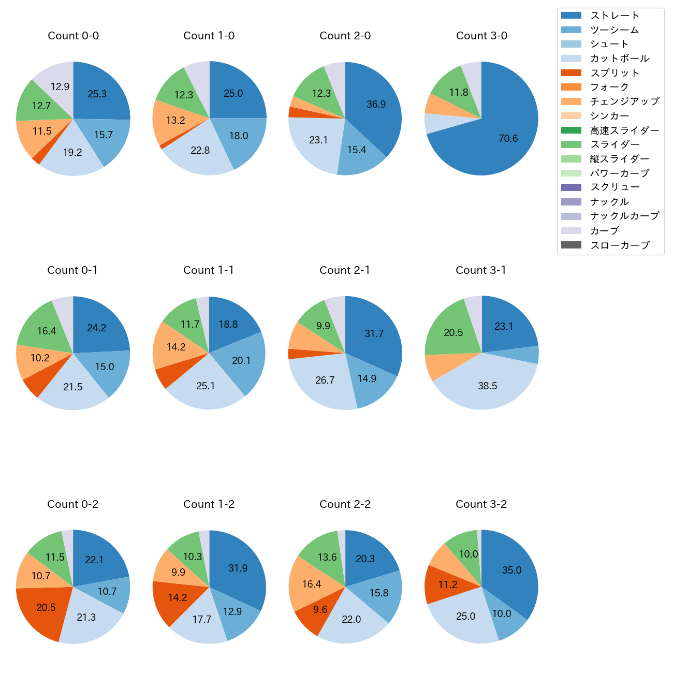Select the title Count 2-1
345,270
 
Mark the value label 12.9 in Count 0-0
60,87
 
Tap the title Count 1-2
209,504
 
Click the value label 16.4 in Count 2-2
312,584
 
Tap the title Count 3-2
481,504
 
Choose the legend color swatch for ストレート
571,16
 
